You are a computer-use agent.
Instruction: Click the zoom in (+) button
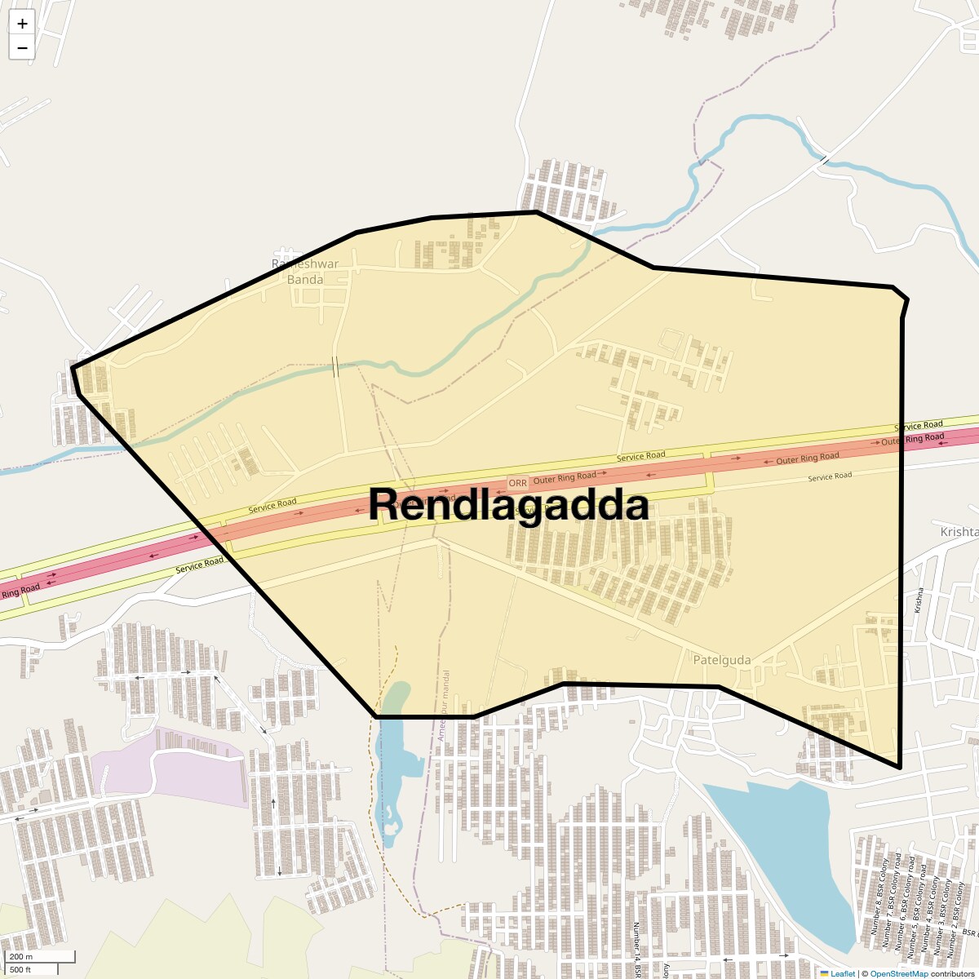point(22,24)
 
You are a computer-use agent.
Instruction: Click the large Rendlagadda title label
point(508,505)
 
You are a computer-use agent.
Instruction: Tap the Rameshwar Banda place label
point(305,272)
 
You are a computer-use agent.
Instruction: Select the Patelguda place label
point(721,660)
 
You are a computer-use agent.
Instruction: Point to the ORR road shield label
point(518,483)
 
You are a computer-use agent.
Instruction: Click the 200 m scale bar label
point(22,956)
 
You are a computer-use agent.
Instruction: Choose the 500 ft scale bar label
point(20,969)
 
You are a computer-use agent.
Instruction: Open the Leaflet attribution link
point(843,974)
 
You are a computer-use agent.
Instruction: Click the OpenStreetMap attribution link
point(898,974)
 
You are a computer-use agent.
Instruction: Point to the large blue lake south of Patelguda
point(775,848)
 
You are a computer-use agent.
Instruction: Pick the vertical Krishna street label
point(919,600)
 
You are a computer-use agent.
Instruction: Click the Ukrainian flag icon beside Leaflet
point(824,974)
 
